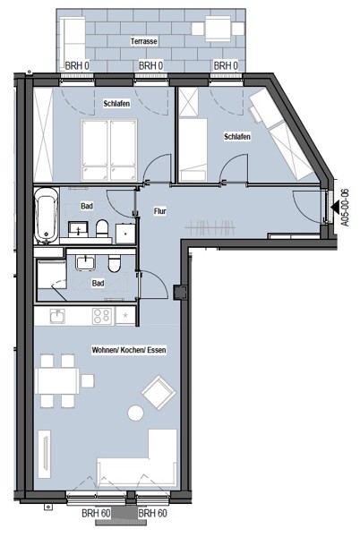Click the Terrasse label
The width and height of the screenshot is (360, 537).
coord(144,41)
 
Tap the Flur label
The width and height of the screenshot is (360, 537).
coord(160,211)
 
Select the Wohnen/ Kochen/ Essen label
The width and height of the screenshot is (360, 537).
coord(129,350)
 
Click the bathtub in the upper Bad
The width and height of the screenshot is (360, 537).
coord(47,215)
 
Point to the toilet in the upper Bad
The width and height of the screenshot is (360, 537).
coord(102,228)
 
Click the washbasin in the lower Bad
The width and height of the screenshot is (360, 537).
coord(86,262)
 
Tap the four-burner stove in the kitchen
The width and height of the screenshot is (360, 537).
coord(102,316)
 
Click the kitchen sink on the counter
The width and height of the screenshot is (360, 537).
coord(57,316)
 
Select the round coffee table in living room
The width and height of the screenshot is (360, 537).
coord(135,413)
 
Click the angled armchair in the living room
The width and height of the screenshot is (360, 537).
coord(159,392)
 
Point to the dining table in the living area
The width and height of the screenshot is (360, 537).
coord(58,381)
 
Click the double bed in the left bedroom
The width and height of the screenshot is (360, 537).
coord(109,150)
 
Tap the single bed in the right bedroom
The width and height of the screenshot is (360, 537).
coord(193,149)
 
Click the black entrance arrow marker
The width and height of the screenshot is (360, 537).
coord(334,208)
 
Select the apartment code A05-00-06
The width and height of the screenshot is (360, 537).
coord(346,208)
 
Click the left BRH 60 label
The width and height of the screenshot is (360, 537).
coord(96,514)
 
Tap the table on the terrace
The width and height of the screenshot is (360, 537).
coord(218,28)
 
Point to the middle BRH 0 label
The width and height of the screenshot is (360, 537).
coord(150,65)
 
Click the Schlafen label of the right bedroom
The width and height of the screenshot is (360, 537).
coord(237,137)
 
